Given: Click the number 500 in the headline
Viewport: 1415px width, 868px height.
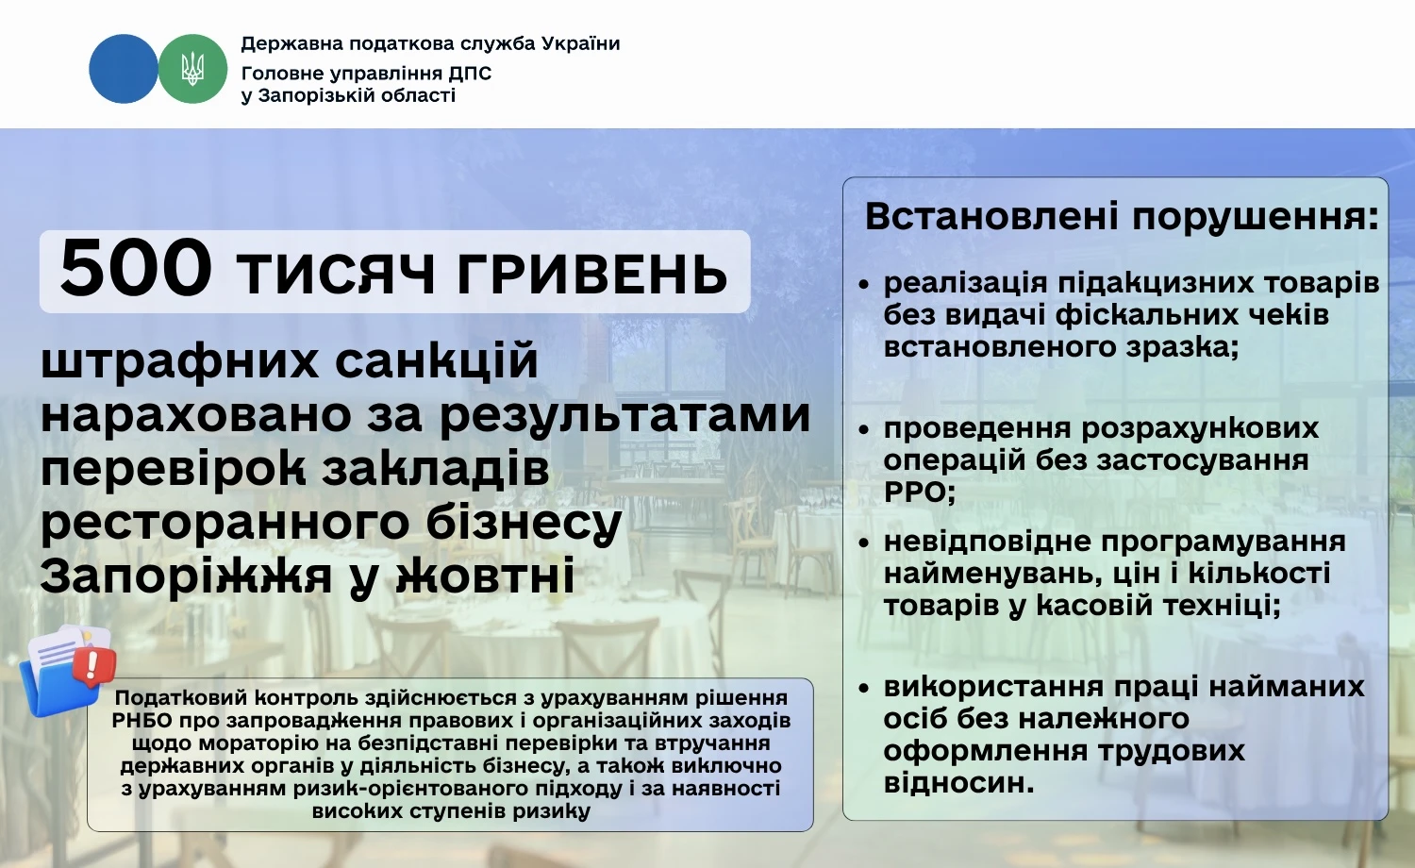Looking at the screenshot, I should tap(135, 269).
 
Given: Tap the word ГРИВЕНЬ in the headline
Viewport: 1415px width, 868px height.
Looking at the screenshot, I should tap(592, 275).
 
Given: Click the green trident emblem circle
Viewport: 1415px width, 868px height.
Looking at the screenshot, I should tap(192, 69).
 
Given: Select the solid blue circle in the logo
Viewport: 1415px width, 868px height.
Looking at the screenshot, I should tap(123, 69).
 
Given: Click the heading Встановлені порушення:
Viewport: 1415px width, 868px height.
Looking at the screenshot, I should tap(1122, 216).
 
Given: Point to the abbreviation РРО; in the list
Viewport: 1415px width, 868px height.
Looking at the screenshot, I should tap(920, 492).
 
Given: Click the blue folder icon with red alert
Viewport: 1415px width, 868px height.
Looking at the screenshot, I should tap(61, 672).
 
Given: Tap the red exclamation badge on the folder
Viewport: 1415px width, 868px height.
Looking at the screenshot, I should tap(93, 664).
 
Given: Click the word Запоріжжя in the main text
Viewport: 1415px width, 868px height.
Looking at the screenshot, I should tap(185, 576).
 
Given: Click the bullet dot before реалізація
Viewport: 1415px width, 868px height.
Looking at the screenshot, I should tap(863, 283).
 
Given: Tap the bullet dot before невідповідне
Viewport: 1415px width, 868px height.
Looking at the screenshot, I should tap(863, 542).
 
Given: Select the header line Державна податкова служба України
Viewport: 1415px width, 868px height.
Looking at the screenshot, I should tap(430, 43).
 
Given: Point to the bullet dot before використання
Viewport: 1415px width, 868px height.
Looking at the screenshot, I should tap(863, 688).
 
